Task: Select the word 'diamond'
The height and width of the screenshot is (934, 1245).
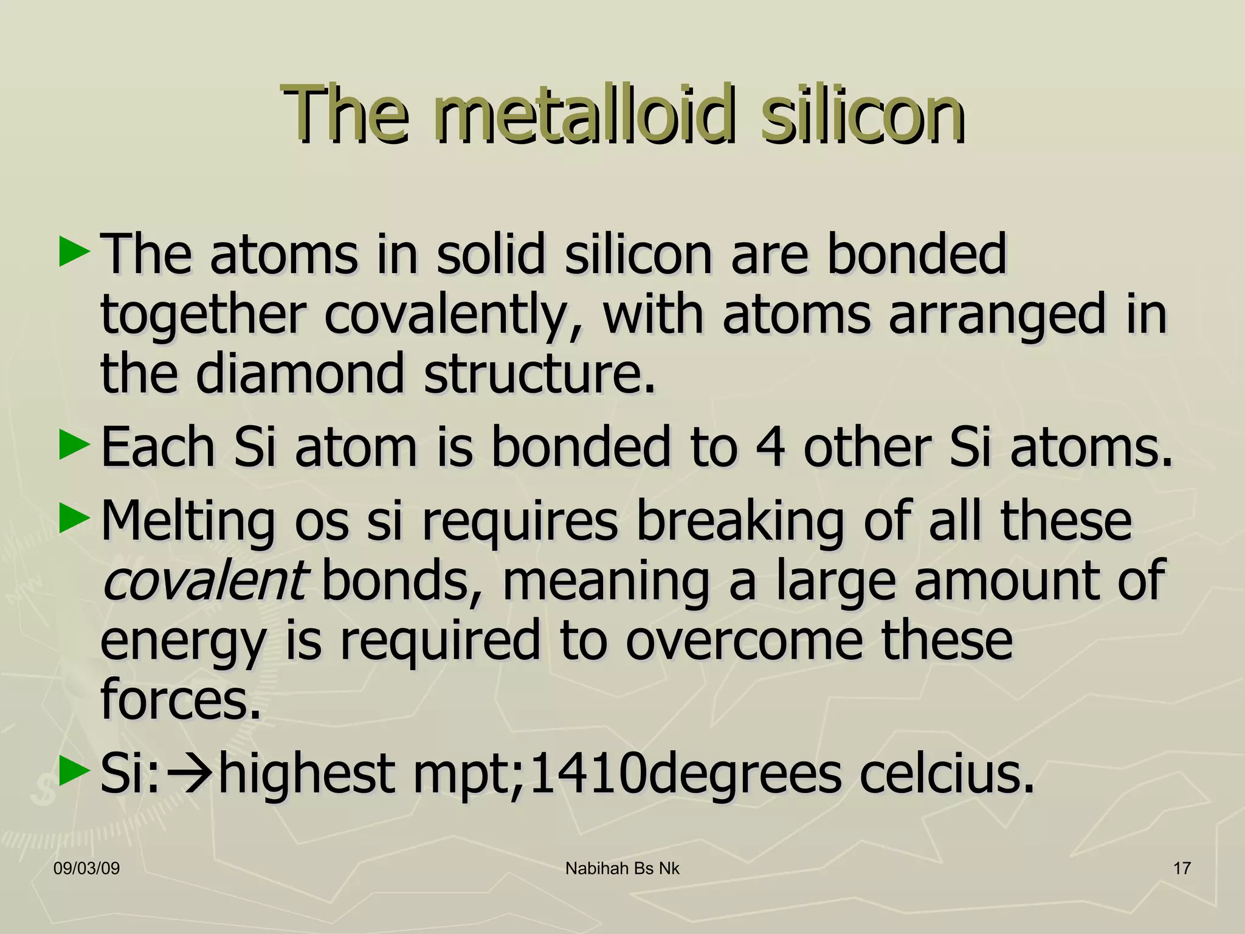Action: click(x=299, y=373)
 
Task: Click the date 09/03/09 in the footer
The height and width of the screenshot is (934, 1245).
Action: click(x=86, y=868)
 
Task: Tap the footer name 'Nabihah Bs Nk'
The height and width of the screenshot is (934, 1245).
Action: click(x=622, y=868)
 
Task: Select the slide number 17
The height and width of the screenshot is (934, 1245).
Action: click(x=1182, y=868)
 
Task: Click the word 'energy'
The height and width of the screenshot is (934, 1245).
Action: click(x=183, y=642)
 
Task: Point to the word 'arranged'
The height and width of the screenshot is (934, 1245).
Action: click(x=996, y=315)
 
